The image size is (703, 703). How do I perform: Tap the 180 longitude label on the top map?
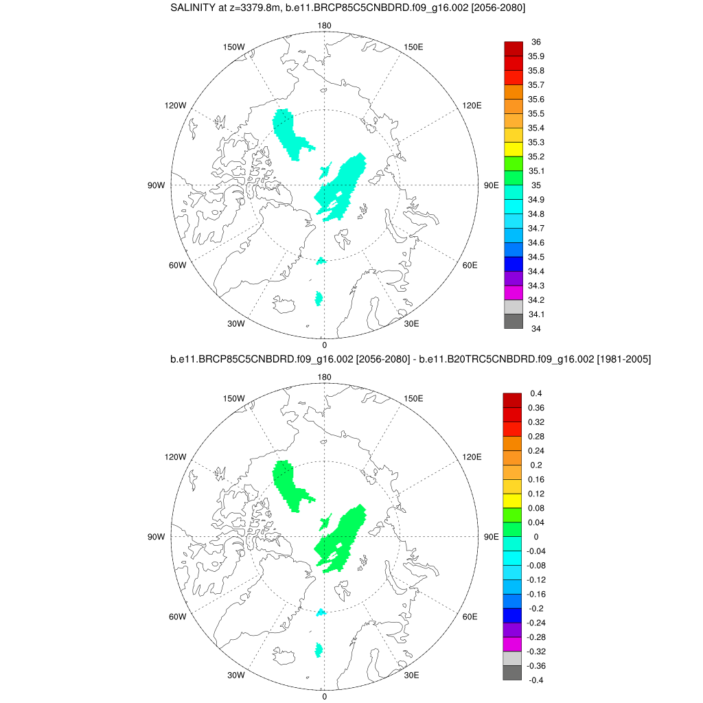[x=324, y=26]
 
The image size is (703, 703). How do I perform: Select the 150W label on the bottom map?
[x=234, y=398]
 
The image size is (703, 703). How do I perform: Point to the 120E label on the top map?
[x=472, y=105]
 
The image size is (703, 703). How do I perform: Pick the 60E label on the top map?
[x=470, y=266]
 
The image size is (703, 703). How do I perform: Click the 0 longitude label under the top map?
[x=324, y=345]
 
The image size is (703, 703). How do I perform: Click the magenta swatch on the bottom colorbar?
[x=512, y=644]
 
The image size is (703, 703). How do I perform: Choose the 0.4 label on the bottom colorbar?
[x=535, y=393]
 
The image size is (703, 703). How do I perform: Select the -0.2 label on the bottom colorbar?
[x=536, y=608]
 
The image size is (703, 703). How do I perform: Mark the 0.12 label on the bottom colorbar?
[x=536, y=494]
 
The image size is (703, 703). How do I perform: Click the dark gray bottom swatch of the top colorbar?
[x=514, y=321]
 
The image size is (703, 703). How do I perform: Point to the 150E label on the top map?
[x=414, y=47]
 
